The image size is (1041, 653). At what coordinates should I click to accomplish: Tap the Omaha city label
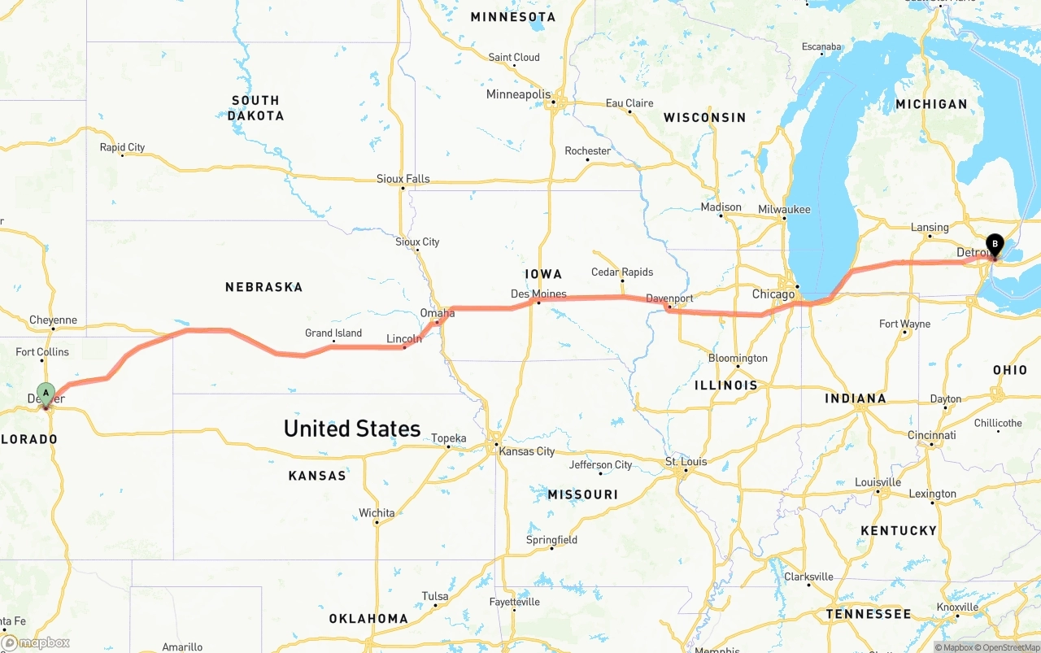tap(438, 313)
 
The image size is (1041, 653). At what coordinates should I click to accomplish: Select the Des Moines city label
tap(538, 294)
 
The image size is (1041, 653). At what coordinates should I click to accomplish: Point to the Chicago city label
tap(773, 294)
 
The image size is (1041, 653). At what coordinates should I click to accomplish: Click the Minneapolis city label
tap(518, 94)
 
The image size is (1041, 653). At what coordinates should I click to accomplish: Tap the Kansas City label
tap(527, 451)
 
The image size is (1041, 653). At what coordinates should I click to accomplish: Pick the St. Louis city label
tap(686, 462)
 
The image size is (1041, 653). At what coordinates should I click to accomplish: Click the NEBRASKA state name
tap(264, 287)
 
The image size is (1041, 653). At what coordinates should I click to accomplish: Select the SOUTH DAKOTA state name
tap(255, 108)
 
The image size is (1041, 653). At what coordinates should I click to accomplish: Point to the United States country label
tap(351, 429)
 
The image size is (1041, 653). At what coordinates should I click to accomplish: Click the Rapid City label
tap(122, 147)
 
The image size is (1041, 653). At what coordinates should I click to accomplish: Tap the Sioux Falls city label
tap(403, 179)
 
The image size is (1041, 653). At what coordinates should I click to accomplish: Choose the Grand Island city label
tap(333, 333)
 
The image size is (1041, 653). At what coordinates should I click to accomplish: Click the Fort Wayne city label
tap(904, 324)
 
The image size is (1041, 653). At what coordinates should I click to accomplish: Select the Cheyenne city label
tap(53, 320)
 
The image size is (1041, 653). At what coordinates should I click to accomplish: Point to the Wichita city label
tap(377, 513)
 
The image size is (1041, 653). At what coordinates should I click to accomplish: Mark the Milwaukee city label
tap(784, 209)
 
